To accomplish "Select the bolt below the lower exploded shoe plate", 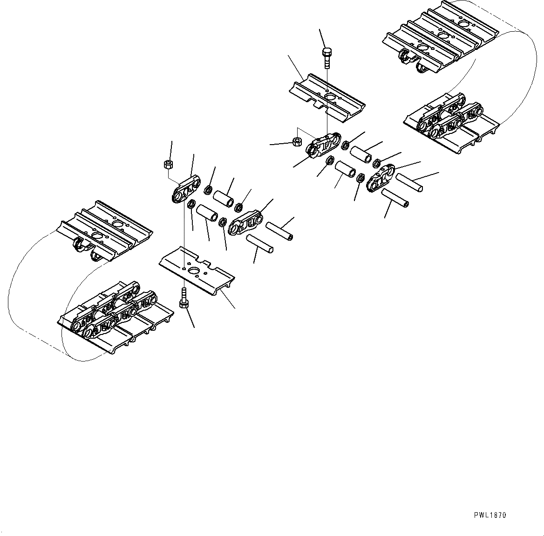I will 183,298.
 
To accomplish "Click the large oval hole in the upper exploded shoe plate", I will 331,97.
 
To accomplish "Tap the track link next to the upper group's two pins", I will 382,178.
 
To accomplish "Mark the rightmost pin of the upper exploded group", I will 409,181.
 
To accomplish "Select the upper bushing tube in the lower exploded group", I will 223,195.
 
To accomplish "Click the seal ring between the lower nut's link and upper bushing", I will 209,190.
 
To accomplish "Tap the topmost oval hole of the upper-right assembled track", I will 464,23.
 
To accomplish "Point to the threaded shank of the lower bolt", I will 183,294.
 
